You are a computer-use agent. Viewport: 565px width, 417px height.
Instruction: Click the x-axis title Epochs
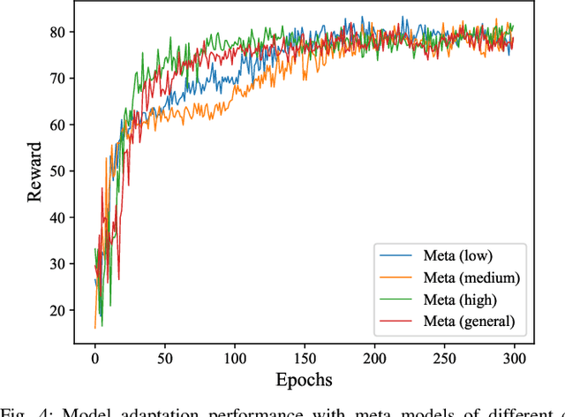(304, 382)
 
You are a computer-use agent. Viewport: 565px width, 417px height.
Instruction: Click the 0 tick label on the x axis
(95, 358)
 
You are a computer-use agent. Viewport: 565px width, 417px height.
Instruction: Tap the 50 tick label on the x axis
(164, 358)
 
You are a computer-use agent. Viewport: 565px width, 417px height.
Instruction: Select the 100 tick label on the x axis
(234, 358)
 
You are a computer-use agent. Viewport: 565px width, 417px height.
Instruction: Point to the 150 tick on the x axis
(304, 358)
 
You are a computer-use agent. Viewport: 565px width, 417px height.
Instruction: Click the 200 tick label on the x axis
(373, 358)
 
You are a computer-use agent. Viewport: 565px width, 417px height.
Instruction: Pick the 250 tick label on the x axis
(443, 358)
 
